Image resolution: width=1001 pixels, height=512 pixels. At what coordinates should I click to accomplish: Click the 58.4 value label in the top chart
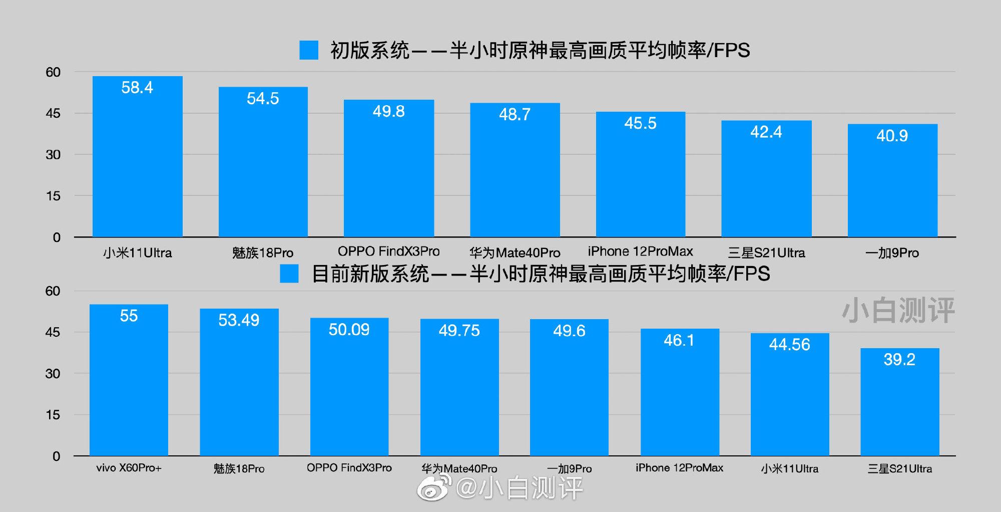[137, 88]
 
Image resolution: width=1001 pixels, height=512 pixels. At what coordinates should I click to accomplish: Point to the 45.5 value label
[640, 123]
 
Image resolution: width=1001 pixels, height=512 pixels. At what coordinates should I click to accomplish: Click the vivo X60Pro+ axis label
[129, 468]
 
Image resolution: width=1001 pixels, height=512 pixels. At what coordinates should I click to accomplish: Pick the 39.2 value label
[899, 359]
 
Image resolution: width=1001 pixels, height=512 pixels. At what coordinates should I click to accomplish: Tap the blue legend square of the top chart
[309, 50]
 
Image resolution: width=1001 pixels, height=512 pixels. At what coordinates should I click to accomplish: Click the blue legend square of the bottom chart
[289, 274]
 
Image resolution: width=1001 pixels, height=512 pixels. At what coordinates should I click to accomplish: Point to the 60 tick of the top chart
[53, 72]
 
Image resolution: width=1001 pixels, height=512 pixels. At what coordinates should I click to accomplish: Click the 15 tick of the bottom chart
[53, 415]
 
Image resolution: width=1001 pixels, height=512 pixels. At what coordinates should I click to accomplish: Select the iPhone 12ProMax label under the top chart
[640, 251]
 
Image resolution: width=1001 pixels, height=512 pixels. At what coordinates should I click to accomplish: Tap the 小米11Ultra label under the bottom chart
[789, 468]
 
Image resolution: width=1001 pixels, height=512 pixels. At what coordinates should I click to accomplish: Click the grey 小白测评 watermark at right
[898, 311]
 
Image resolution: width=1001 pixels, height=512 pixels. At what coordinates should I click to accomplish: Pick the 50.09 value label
[349, 330]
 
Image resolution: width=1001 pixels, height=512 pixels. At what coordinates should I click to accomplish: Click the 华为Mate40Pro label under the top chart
[515, 252]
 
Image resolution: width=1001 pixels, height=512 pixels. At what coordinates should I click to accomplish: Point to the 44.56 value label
[789, 344]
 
